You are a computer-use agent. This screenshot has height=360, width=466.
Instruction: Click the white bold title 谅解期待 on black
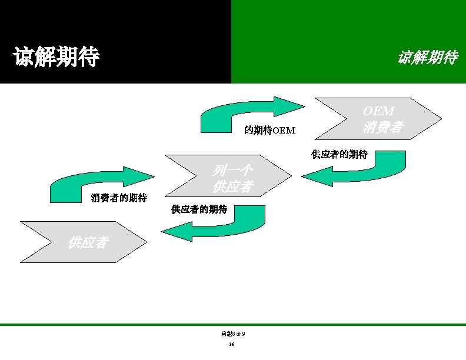tap(56, 58)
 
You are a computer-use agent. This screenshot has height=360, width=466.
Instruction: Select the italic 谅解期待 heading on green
tap(427, 58)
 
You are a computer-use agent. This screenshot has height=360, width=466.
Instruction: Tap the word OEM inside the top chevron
tap(378, 111)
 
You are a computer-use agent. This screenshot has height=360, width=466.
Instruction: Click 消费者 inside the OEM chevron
tap(382, 126)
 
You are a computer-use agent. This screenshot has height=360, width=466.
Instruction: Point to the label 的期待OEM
tap(269, 130)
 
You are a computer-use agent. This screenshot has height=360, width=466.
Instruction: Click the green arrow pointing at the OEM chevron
tap(253, 112)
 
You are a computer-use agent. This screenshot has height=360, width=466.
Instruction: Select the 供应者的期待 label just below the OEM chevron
tap(339, 155)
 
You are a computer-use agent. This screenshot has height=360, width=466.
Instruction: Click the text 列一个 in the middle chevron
tap(232, 171)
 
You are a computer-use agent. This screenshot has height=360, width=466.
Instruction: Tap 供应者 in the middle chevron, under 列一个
tap(232, 187)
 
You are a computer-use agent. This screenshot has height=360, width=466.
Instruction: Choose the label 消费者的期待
tap(119, 198)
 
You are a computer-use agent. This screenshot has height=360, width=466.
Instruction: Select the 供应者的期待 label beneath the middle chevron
tap(199, 209)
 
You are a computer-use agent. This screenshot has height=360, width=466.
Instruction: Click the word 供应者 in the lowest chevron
tap(88, 242)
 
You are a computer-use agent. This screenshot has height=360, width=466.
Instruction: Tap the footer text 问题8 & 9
tap(233, 334)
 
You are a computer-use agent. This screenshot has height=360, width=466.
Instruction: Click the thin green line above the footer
tap(233, 325)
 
